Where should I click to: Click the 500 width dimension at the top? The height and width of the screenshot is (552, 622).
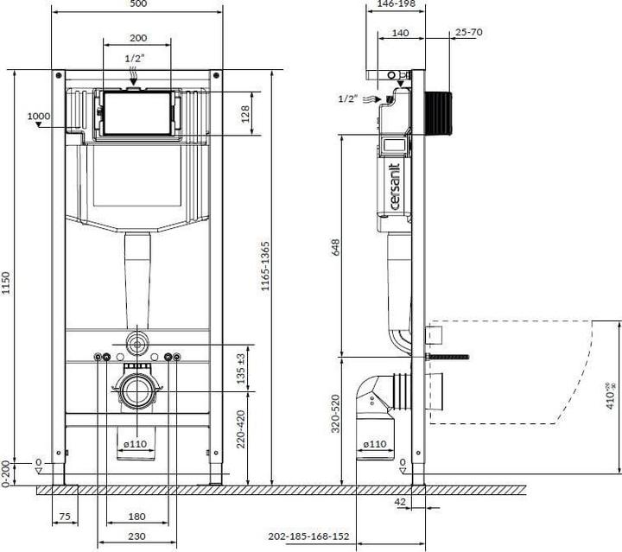[x=137, y=5]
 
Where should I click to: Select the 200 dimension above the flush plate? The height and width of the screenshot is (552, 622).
[x=137, y=38]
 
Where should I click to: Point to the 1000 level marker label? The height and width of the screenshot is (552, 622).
[x=39, y=117]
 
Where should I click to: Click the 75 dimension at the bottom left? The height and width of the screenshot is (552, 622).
[x=65, y=517]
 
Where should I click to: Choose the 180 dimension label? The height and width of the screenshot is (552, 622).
[x=137, y=517]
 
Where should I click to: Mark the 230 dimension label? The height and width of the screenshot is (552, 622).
[x=137, y=536]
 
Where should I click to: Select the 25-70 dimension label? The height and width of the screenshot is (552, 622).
[x=467, y=32]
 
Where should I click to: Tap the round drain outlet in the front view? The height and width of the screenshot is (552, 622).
[x=136, y=391]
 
